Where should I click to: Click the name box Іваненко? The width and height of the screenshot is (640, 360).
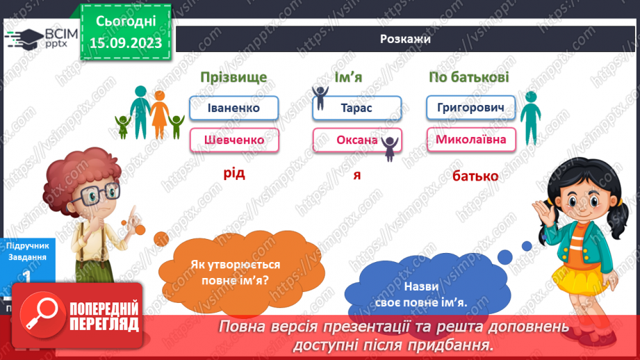tap(233, 108)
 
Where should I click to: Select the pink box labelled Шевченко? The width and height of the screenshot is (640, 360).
tap(233, 140)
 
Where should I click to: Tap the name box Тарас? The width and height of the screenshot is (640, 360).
tap(357, 108)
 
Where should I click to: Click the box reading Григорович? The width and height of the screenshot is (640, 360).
tap(471, 108)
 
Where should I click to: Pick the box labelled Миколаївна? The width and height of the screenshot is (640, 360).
tap(471, 140)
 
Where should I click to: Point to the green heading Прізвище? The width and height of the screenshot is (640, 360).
tap(233, 77)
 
